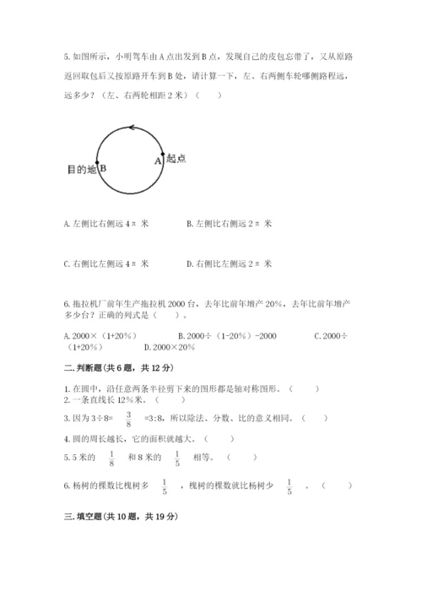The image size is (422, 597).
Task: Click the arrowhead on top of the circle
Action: tap(131, 127)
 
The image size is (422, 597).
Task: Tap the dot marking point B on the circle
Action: tap(97, 166)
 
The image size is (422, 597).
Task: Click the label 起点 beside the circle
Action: tap(176, 157)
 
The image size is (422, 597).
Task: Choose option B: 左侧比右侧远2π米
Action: tap(228, 224)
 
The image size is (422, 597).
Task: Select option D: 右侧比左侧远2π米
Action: tap(228, 263)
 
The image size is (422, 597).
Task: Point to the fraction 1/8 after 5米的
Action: tap(111, 458)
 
